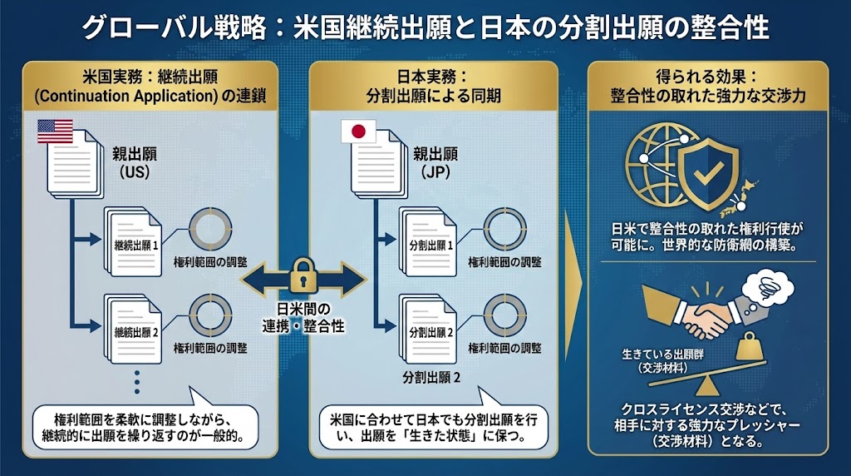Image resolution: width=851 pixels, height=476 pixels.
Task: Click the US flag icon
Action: (x=55, y=131)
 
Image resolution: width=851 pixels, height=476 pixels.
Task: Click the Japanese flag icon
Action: (x=358, y=131)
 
